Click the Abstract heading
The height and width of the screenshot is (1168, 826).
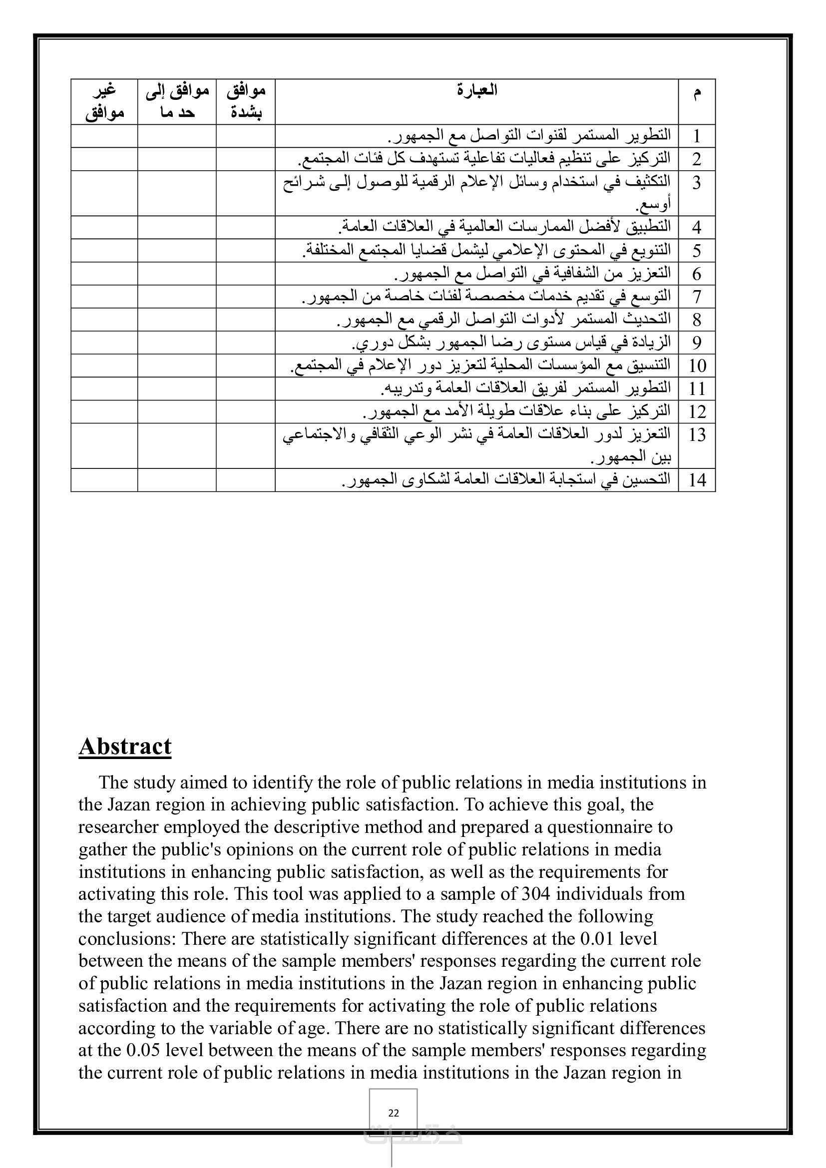125,747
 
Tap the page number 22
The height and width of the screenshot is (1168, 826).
393,1113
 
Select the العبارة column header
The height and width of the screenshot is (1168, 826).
476,90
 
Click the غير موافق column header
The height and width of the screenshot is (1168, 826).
104,102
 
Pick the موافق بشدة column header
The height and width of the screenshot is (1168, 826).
246,102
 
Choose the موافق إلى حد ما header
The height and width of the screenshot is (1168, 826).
177,102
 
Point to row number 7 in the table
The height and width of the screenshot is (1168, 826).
696,297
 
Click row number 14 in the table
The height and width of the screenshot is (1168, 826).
697,480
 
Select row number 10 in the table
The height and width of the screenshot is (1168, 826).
697,366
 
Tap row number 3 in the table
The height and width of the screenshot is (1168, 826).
696,183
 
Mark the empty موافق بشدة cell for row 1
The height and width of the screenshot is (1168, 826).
246,136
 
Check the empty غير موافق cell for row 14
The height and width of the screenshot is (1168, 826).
104,480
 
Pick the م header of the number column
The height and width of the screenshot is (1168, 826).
696,92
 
